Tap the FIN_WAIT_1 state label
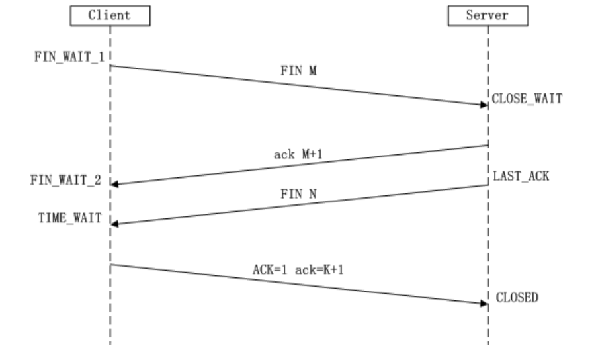pyautogui.click(x=69, y=56)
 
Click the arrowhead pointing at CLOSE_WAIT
pyautogui.click(x=484, y=105)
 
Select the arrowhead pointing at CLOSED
pyautogui.click(x=484, y=303)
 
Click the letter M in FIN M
pyautogui.click(x=312, y=71)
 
